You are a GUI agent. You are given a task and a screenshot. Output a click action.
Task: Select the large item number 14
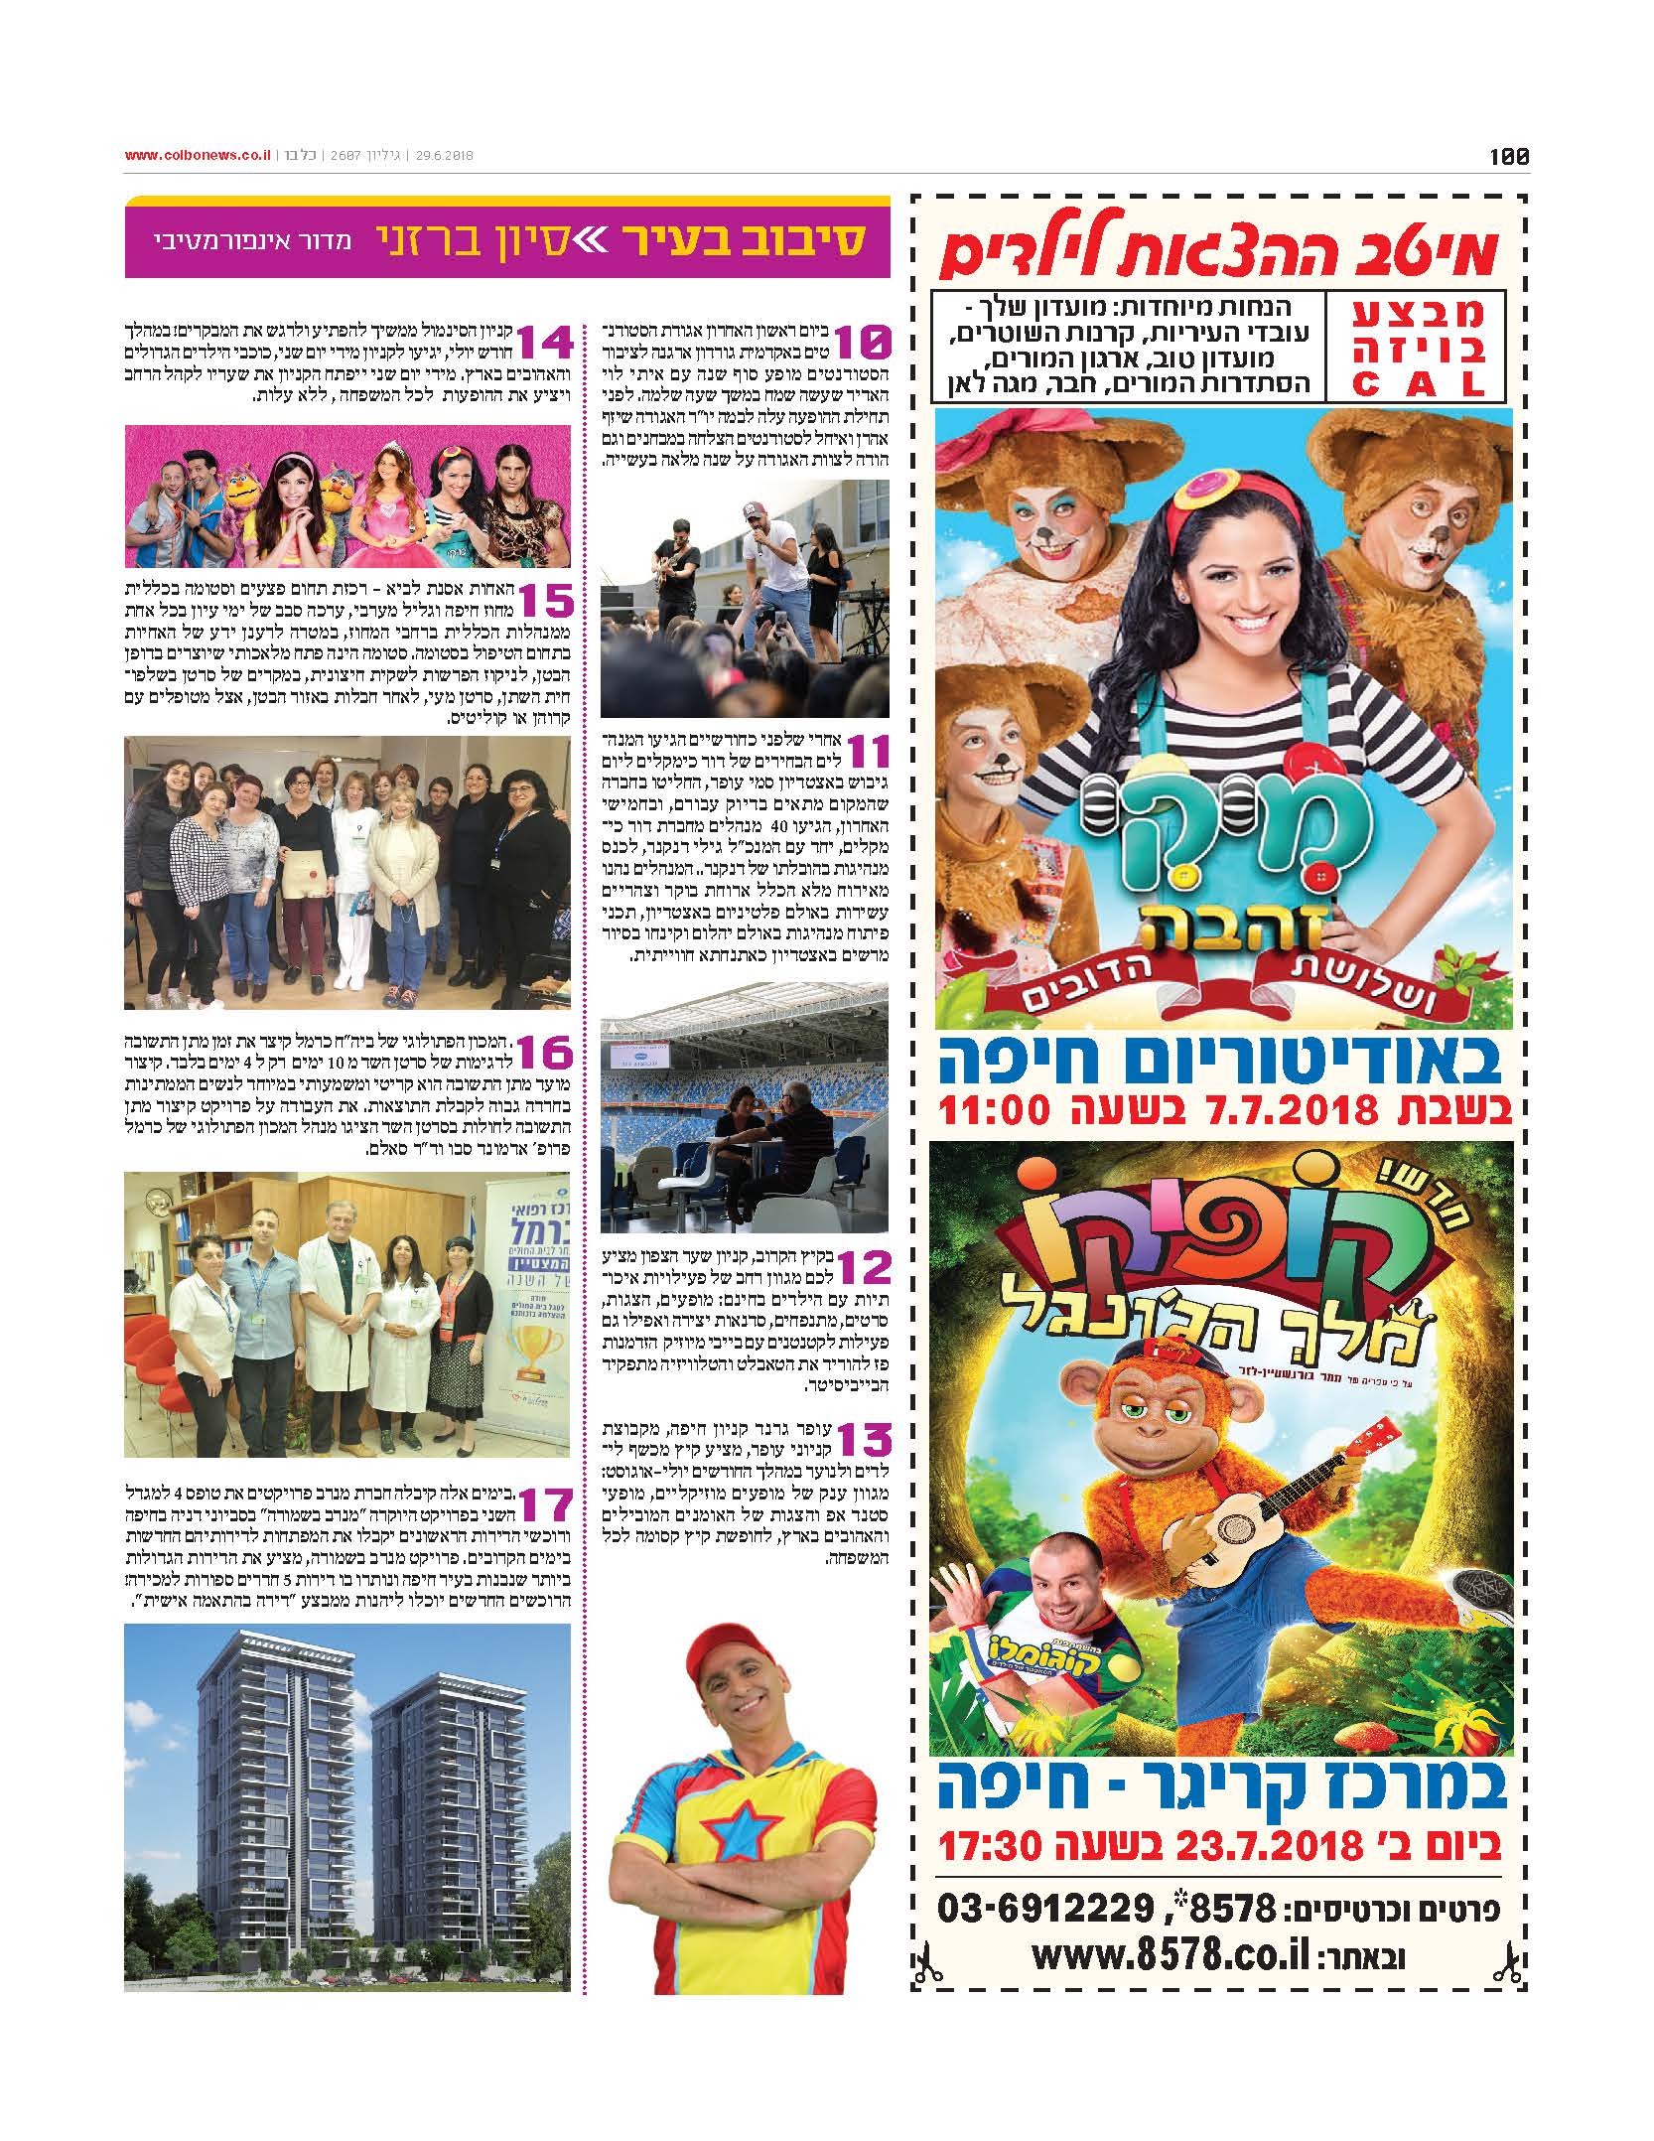pyautogui.click(x=544, y=344)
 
